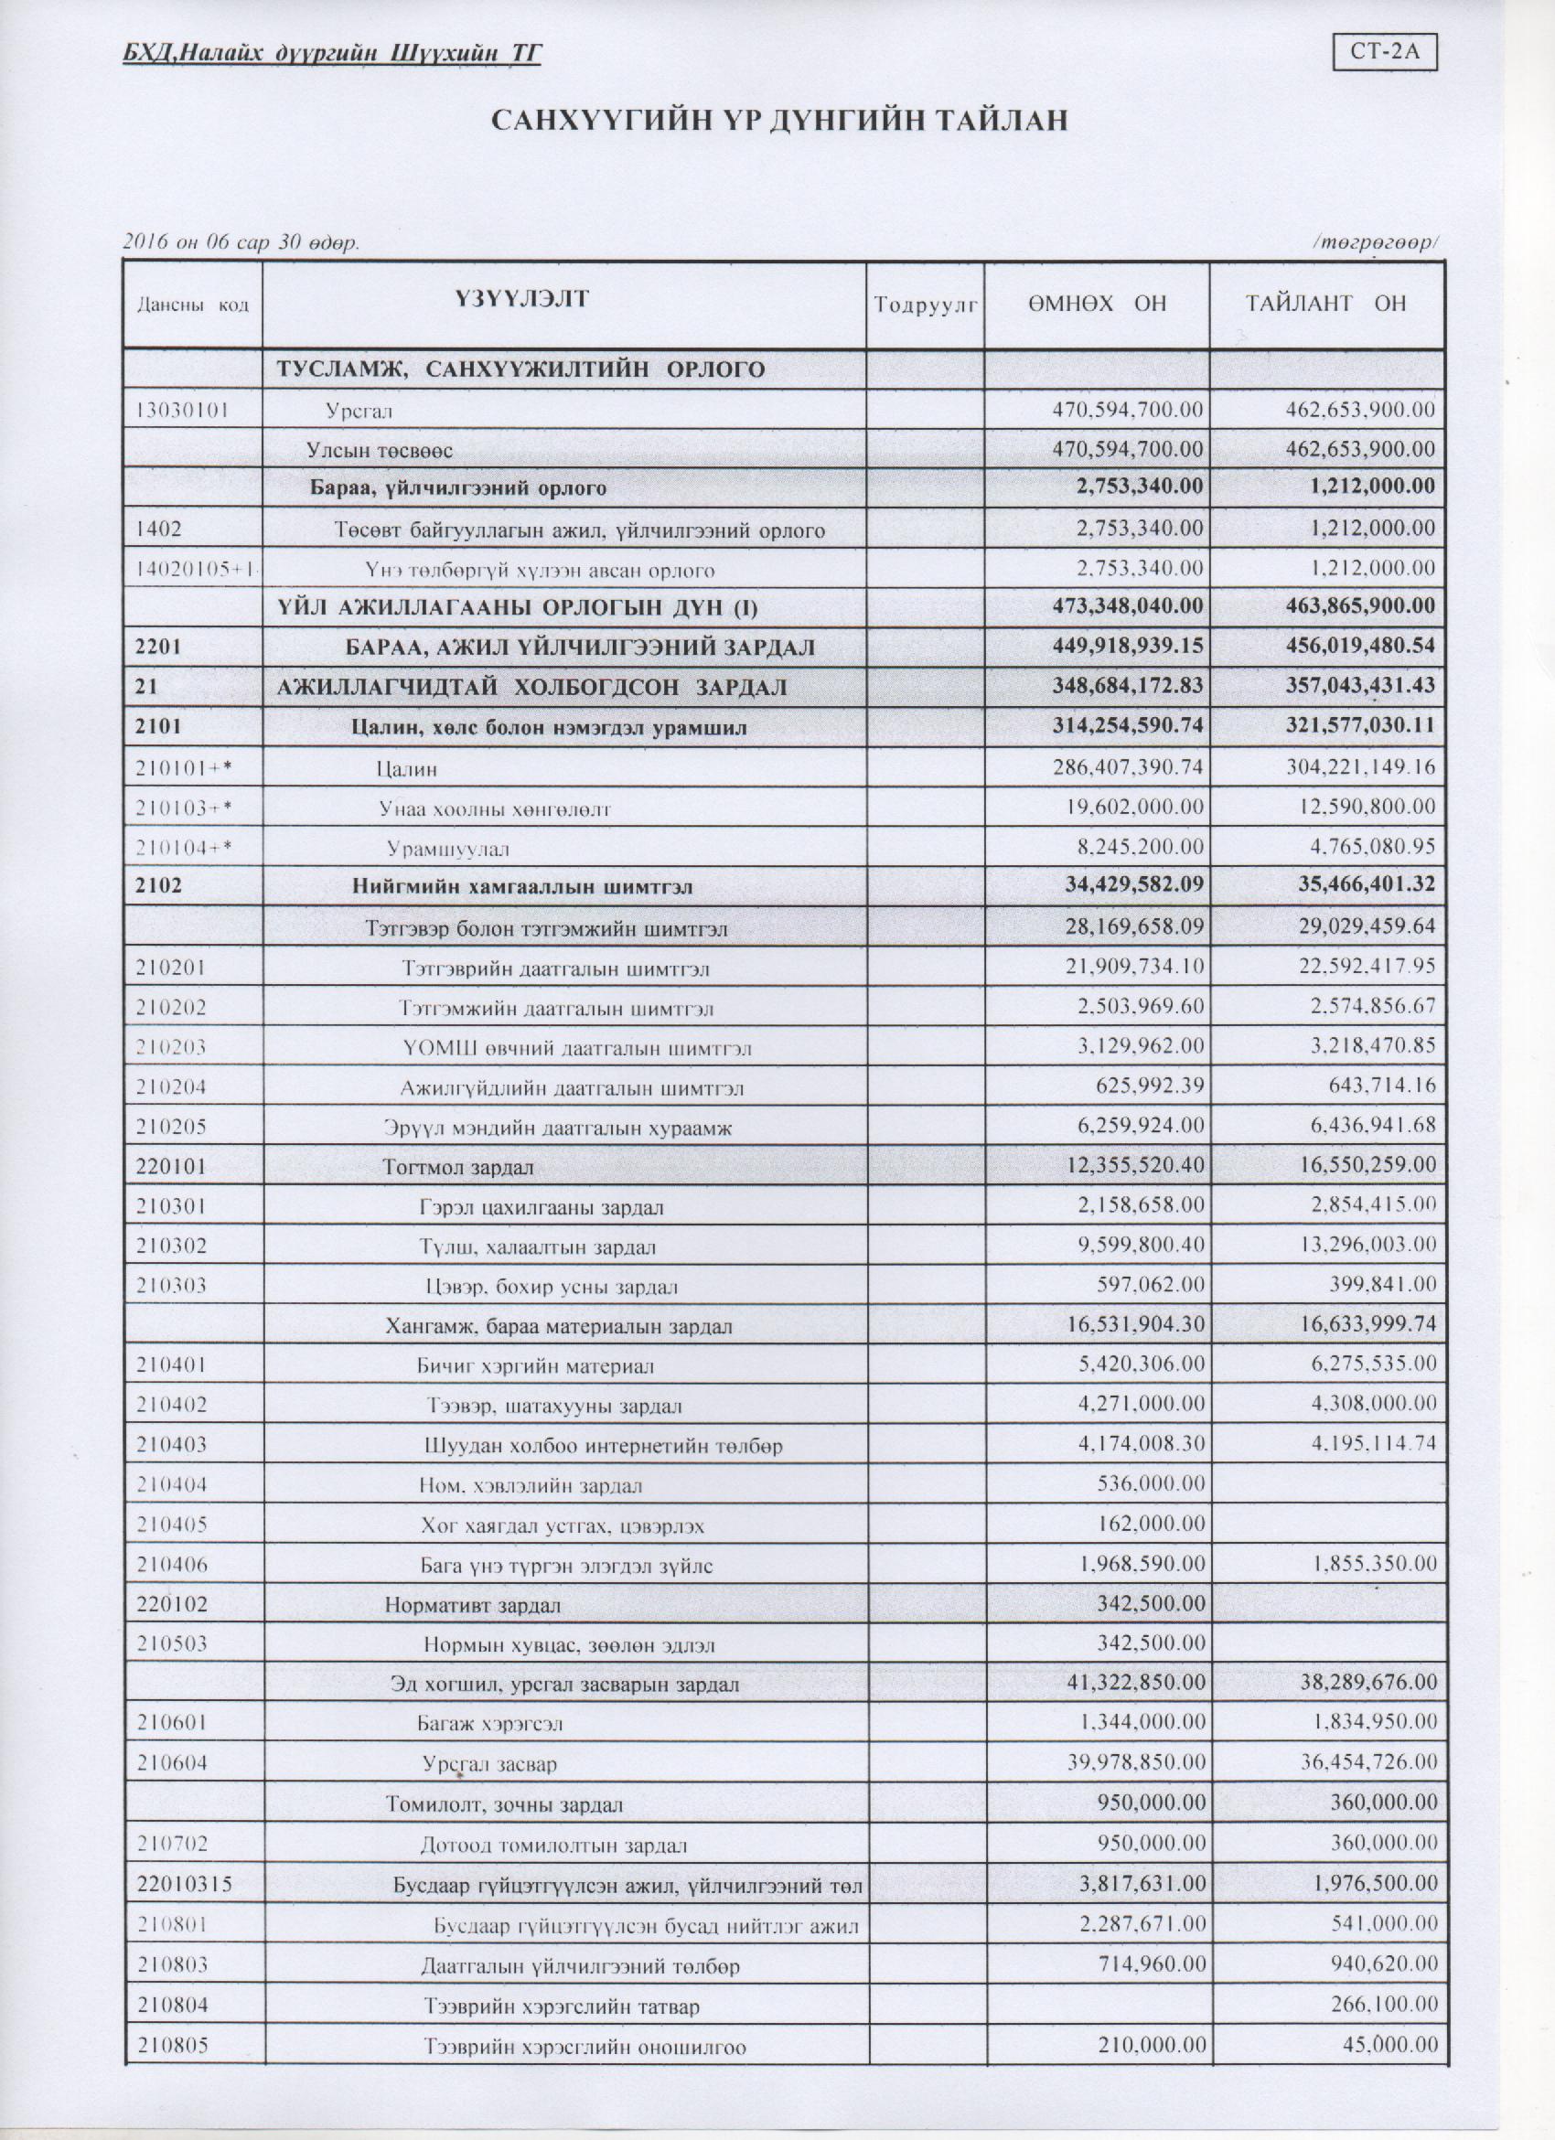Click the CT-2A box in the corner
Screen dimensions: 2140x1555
[1383, 53]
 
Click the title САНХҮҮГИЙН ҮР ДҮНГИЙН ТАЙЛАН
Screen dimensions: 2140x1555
[778, 120]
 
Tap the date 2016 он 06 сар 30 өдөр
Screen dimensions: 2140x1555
[241, 242]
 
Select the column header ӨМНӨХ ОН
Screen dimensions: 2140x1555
[1097, 304]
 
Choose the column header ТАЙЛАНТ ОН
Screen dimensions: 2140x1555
[1325, 304]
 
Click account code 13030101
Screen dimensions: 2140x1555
[184, 410]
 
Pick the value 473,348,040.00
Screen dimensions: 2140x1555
[1128, 605]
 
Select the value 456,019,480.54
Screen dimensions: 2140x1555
[1359, 646]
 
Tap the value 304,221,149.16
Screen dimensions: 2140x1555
[1359, 767]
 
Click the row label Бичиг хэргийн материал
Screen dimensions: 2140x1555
[535, 1366]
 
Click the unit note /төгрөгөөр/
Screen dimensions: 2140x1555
[1375, 242]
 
